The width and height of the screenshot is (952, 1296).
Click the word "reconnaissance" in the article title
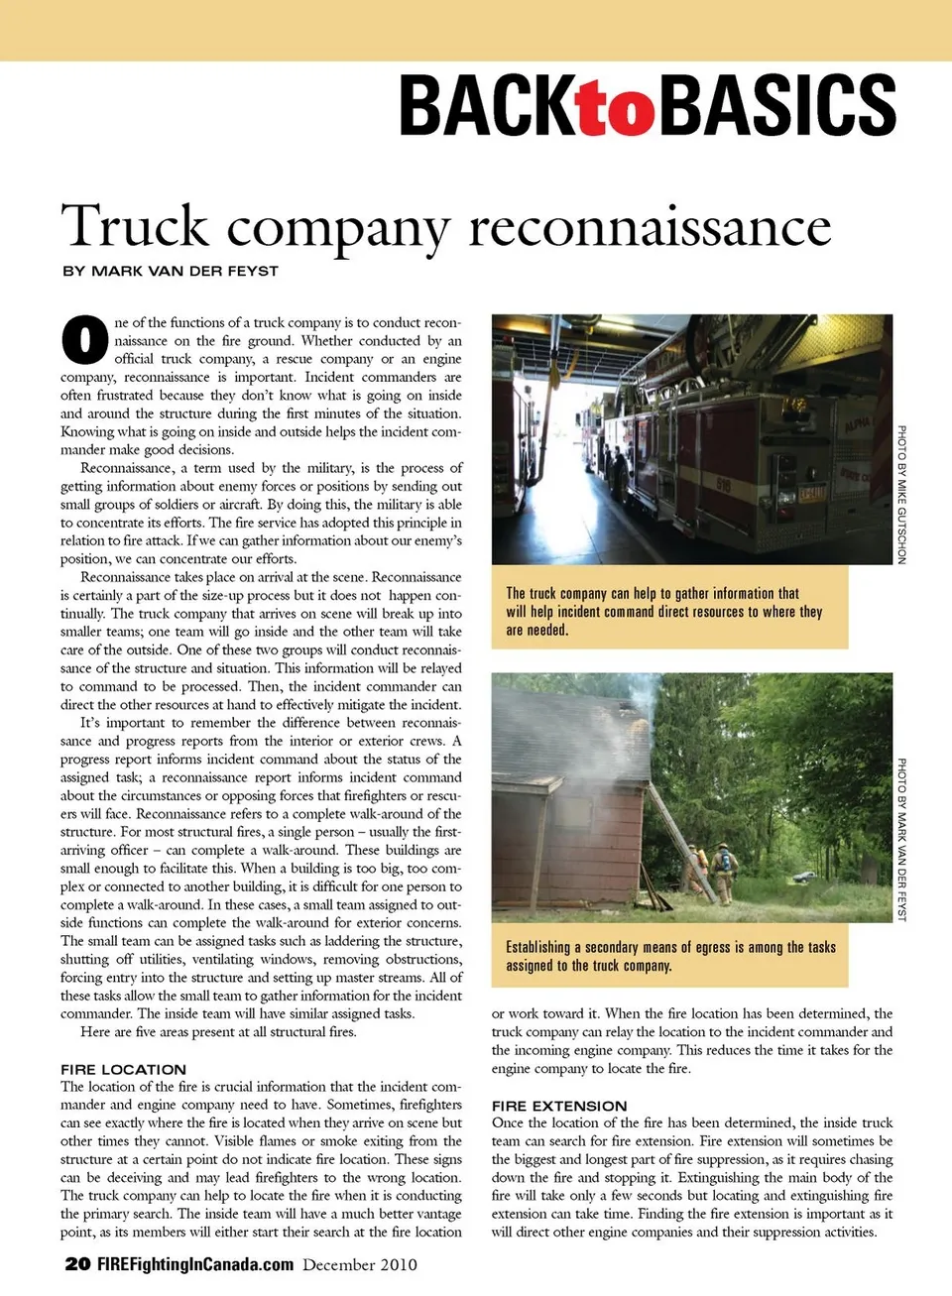click(x=650, y=227)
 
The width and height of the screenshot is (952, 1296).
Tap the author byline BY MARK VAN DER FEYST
click(x=171, y=271)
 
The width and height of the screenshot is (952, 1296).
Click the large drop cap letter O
click(x=84, y=339)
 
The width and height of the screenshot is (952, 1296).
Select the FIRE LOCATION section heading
click(x=123, y=1069)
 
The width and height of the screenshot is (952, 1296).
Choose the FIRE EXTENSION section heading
click(x=559, y=1106)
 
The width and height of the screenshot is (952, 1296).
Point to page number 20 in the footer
click(x=77, y=1264)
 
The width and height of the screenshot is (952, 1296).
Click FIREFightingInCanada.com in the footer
click(x=195, y=1264)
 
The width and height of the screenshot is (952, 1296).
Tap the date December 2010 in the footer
click(x=360, y=1264)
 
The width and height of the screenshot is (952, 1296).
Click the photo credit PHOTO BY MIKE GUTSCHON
click(x=901, y=495)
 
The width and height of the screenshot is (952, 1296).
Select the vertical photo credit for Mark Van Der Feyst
click(x=901, y=839)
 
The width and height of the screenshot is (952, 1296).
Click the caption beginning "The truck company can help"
click(x=664, y=611)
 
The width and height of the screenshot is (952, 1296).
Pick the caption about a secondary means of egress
click(x=670, y=956)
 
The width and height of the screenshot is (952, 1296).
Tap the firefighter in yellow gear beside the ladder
click(x=725, y=873)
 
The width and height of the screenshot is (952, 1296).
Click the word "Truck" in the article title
click(x=135, y=227)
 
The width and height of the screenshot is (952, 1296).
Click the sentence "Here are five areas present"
click(x=218, y=1031)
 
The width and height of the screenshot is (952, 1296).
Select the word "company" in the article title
click(x=338, y=230)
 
